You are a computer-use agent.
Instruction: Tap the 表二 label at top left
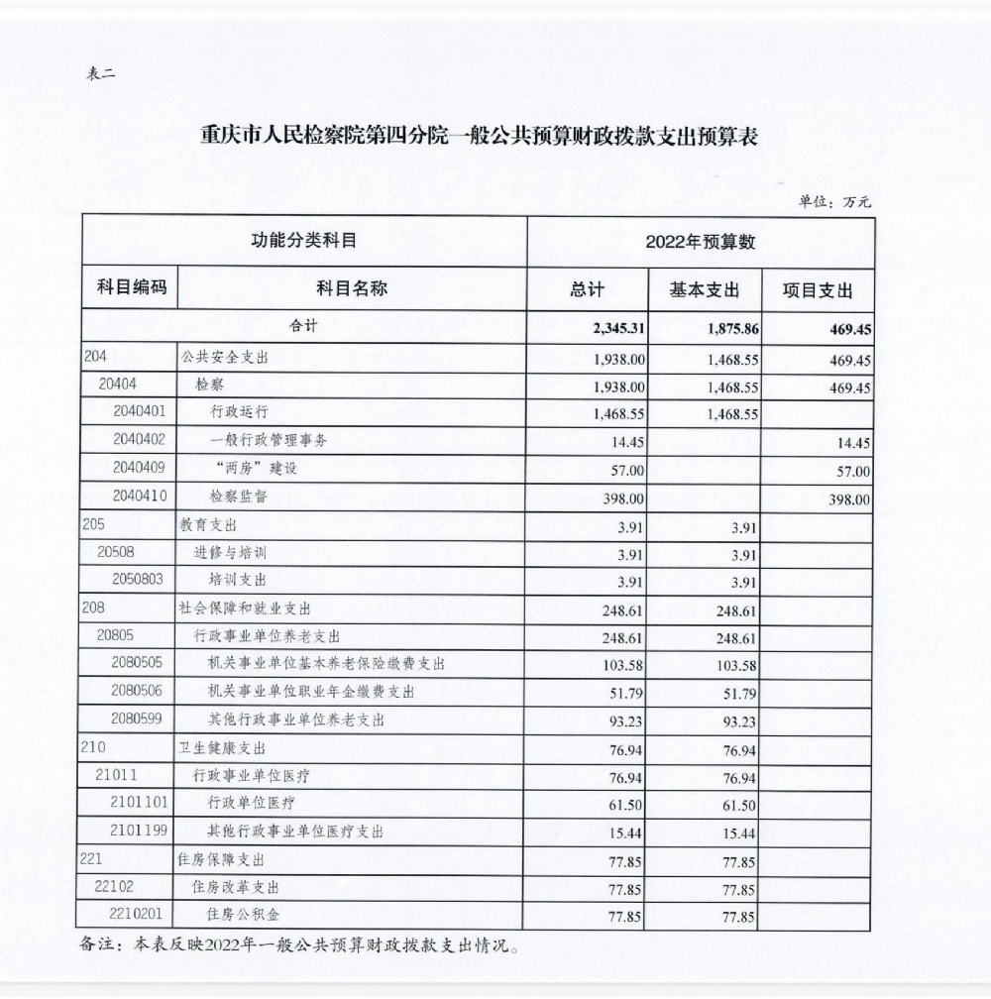coord(101,75)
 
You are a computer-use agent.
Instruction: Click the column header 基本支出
coord(705,289)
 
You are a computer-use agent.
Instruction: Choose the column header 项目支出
coord(818,289)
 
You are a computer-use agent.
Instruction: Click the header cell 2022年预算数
coord(701,242)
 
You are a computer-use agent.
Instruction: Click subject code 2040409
coord(139,470)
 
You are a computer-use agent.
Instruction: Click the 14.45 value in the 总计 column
coord(628,443)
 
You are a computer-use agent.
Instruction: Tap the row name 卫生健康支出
coord(222,748)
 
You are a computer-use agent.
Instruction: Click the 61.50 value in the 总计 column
coord(628,806)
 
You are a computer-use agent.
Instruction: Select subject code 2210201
coord(139,915)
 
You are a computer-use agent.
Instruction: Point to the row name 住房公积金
coord(238,916)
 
